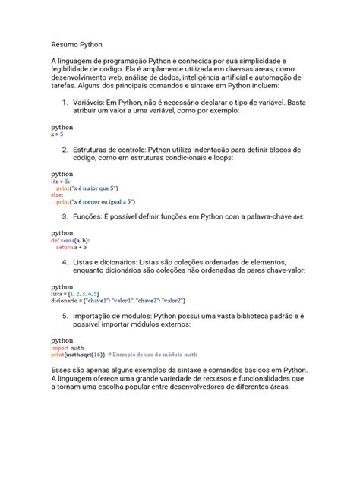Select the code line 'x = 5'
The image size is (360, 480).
point(58,134)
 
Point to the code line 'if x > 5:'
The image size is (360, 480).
point(60,182)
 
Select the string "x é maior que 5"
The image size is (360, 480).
point(97,188)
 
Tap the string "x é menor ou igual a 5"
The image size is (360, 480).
point(105,201)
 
